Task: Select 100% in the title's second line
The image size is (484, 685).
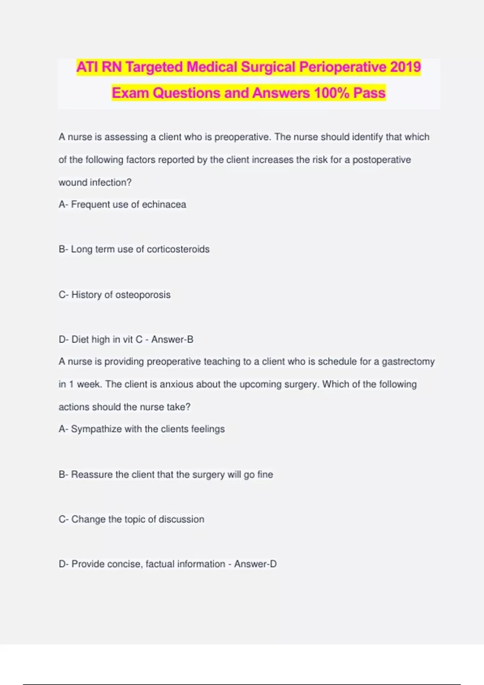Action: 332,93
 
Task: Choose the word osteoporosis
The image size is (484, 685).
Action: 143,295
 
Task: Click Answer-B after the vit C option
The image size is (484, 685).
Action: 172,340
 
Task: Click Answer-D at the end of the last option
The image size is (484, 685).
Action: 255,564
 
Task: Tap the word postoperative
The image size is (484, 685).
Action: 382,160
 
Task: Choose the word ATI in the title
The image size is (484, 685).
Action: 88,67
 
